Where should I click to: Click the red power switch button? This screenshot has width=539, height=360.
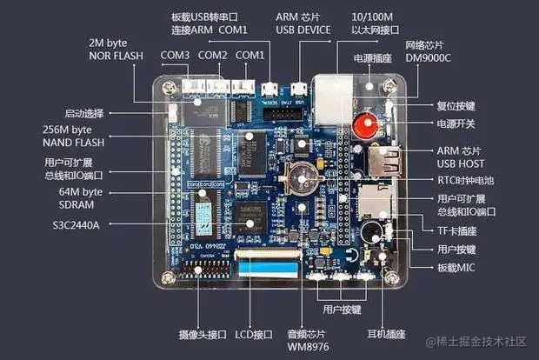pyautogui.click(x=363, y=127)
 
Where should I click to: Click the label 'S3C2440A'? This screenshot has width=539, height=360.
pyautogui.click(x=75, y=224)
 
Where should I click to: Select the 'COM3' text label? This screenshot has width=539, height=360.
pyautogui.click(x=175, y=56)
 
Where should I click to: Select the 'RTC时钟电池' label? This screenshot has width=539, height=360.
pyautogui.click(x=464, y=180)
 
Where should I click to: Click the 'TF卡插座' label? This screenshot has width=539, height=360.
pyautogui.click(x=458, y=230)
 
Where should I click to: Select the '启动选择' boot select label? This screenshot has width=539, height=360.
pyautogui.click(x=84, y=113)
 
